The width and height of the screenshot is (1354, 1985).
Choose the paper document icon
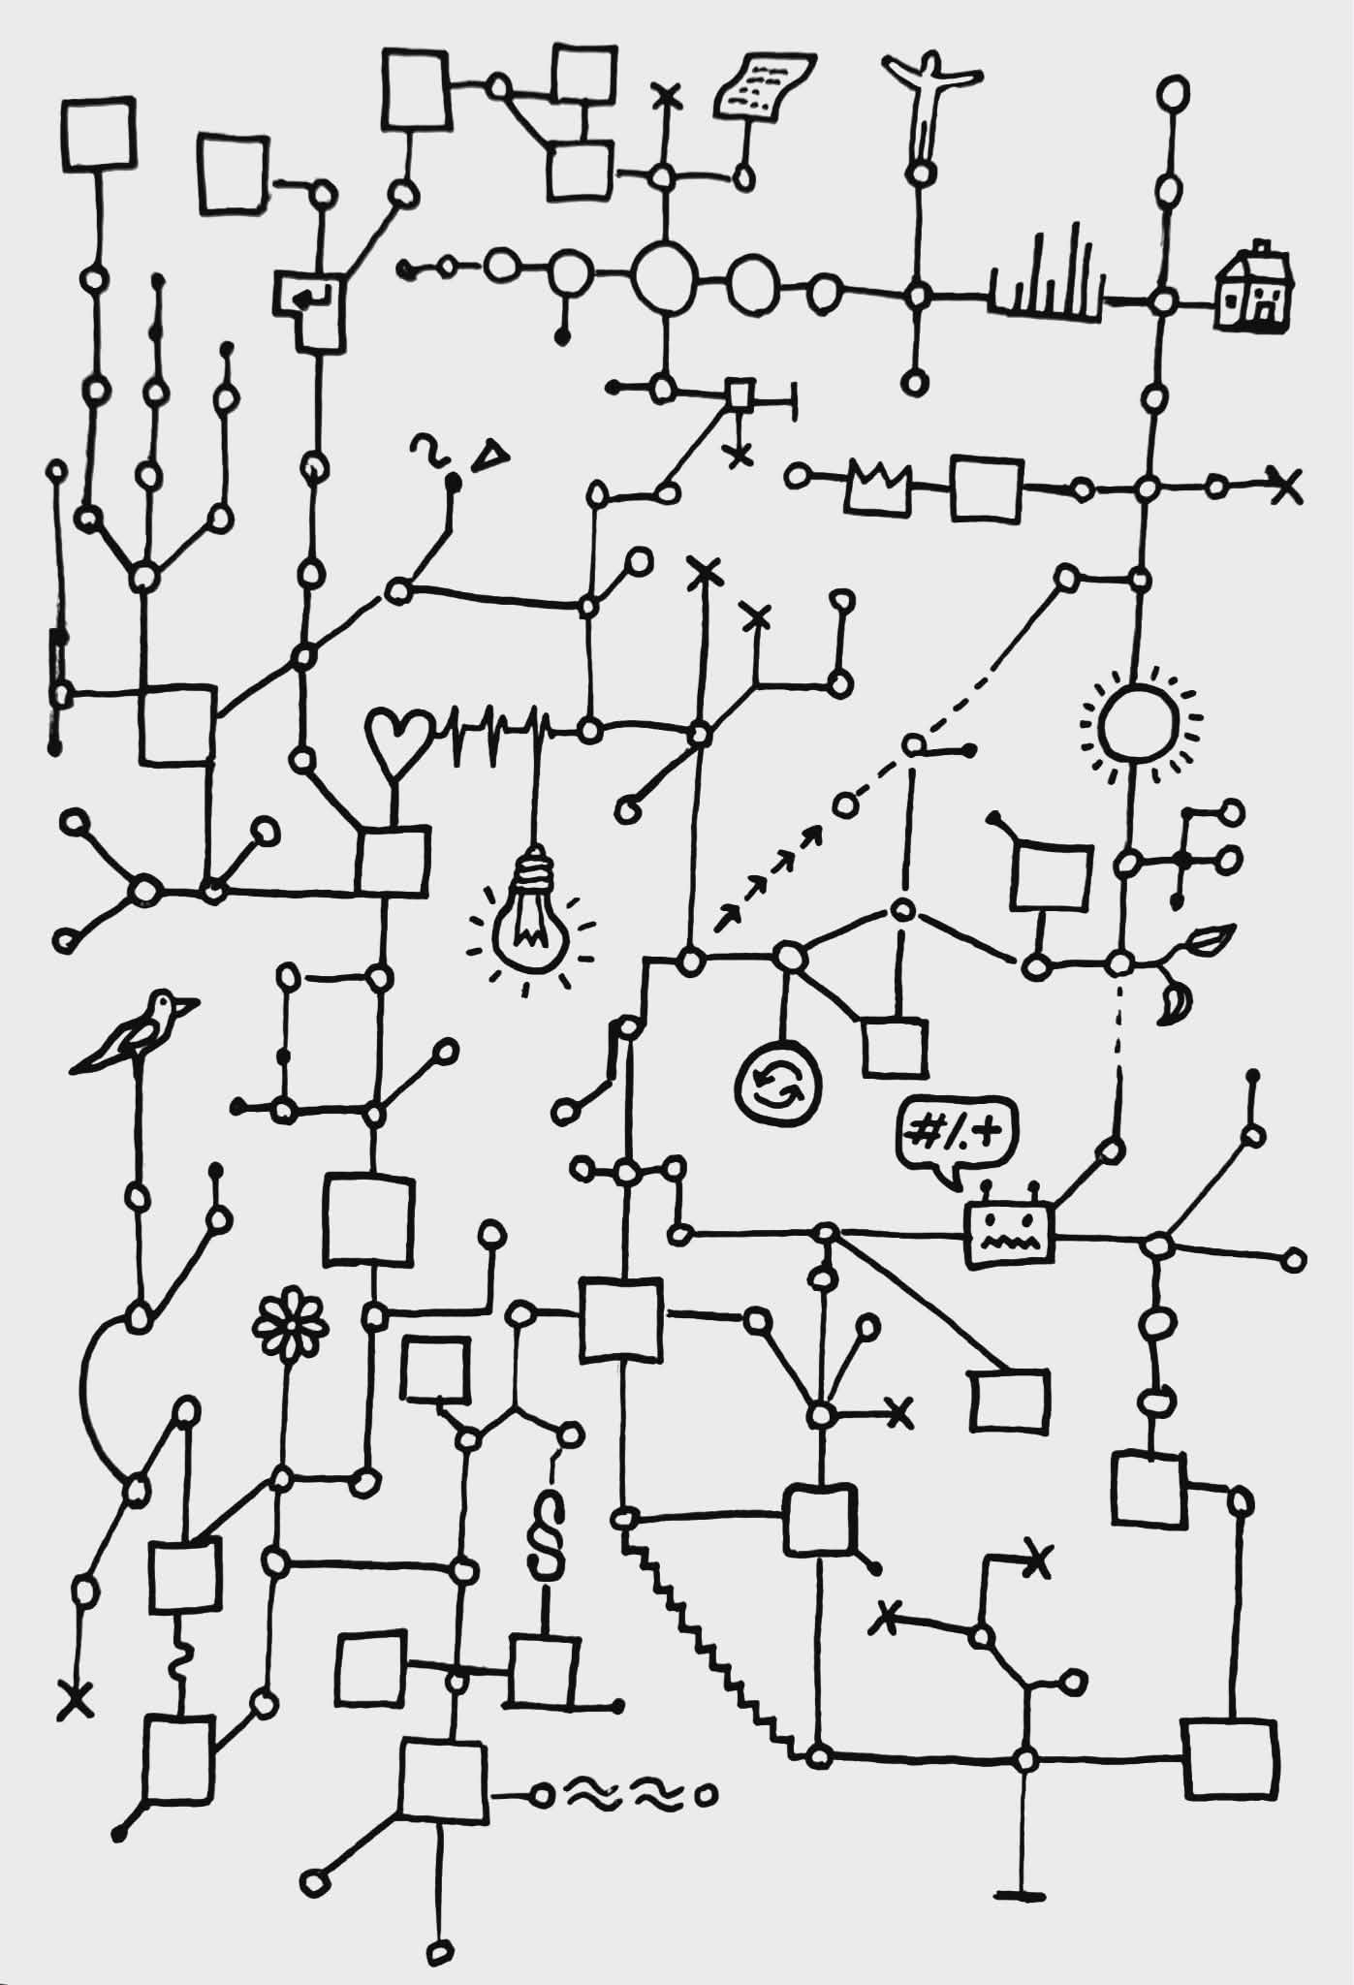(x=761, y=87)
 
